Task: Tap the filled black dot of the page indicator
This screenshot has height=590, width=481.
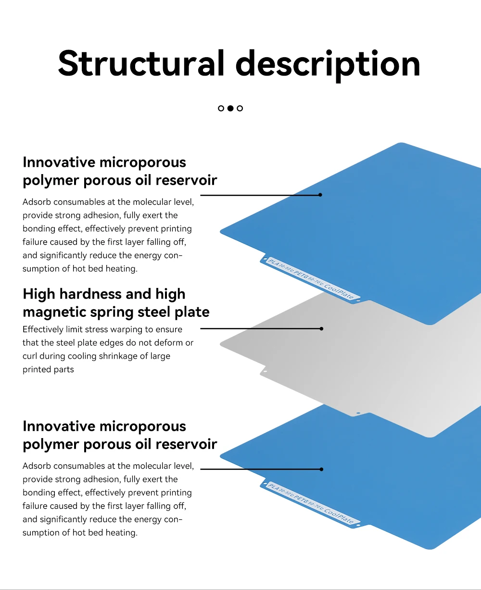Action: (x=230, y=108)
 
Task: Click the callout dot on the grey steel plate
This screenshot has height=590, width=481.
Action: (x=321, y=329)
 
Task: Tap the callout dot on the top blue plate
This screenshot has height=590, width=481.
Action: (x=320, y=195)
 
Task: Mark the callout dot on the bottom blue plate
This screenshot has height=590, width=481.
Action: (x=321, y=469)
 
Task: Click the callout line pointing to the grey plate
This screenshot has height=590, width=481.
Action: (x=260, y=329)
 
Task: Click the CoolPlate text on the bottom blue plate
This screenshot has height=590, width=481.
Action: (x=339, y=515)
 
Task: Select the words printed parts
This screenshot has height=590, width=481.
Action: (x=48, y=370)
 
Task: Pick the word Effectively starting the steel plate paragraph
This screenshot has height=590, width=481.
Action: (x=43, y=329)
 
